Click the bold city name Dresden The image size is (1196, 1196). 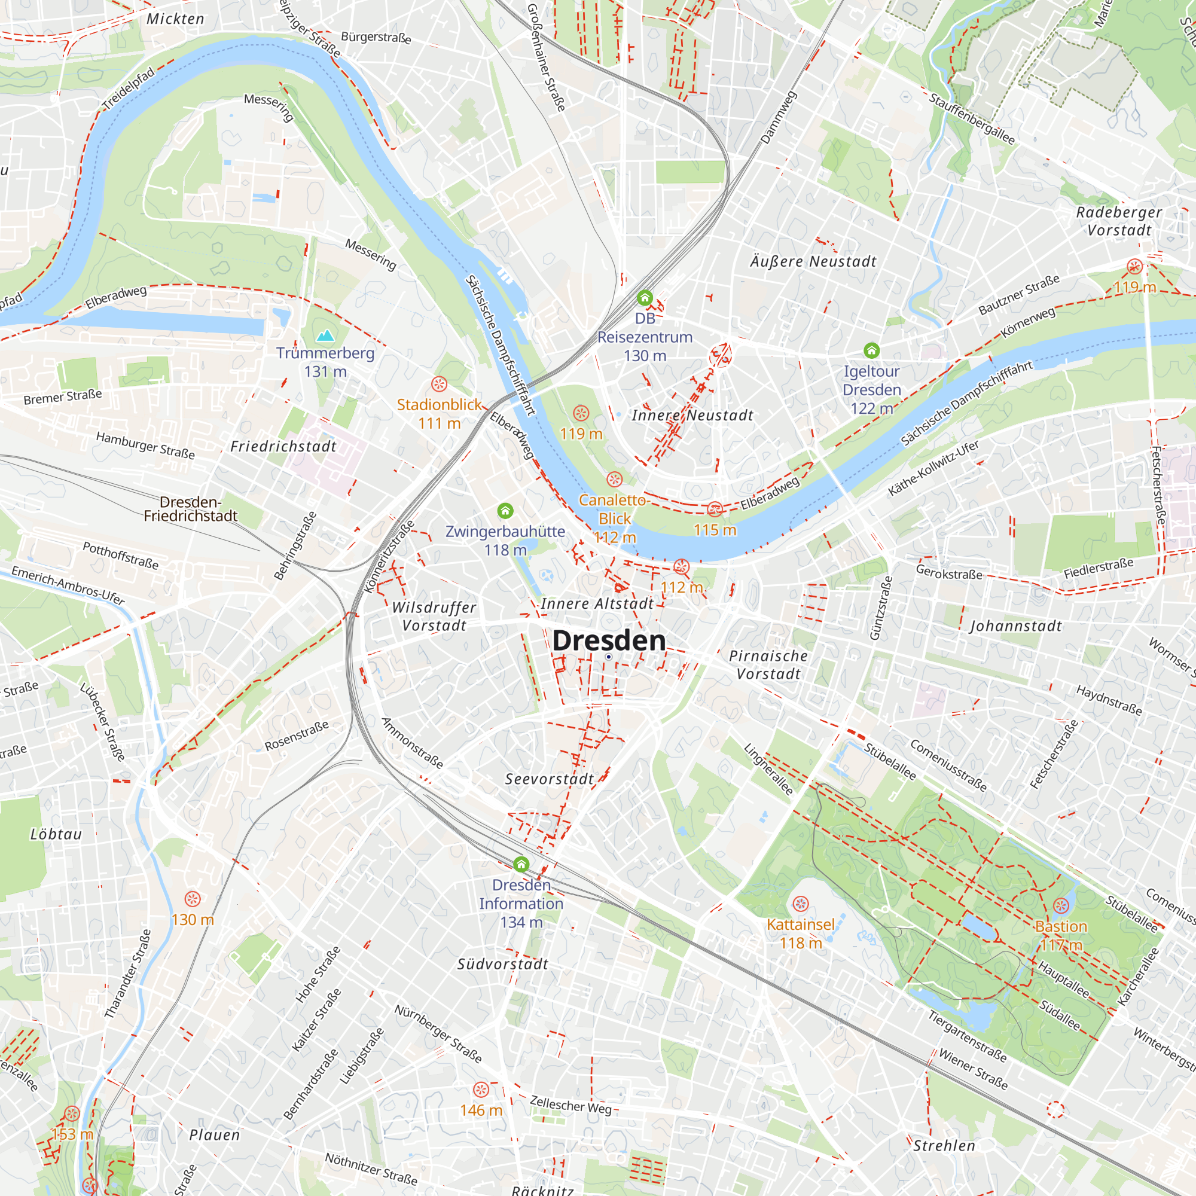pos(609,640)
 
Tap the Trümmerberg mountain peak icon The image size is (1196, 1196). pos(325,336)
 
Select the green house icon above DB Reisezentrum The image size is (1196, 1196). pos(645,298)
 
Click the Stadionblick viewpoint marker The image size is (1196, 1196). pos(439,384)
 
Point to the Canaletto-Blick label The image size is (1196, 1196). pos(614,509)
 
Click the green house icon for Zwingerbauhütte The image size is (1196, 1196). pos(505,511)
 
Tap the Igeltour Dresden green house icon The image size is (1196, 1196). pos(871,351)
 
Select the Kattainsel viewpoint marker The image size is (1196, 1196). pos(801,904)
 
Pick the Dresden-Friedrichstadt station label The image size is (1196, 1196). pos(191,509)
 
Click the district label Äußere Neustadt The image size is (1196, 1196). pos(813,262)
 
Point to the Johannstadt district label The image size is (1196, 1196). pos(1015,627)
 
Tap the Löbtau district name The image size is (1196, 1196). pos(56,834)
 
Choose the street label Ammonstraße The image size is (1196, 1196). pos(412,743)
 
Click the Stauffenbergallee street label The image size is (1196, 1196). pos(972,119)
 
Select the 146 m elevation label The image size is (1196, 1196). pos(480,1110)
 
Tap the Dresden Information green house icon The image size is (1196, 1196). pos(521,864)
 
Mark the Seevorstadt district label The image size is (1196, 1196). pos(549,779)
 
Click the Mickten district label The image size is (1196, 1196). pos(175,19)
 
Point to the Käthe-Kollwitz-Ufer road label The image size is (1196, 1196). pos(933,468)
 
